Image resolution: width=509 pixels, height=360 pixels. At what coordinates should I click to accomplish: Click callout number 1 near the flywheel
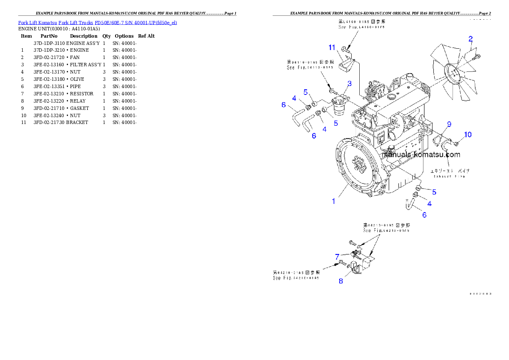pos(334,201)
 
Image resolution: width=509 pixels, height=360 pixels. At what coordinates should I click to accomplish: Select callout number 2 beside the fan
pos(471,39)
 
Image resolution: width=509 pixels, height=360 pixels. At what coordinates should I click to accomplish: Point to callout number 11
pos(331,47)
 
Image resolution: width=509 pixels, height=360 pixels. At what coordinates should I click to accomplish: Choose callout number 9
pos(449,124)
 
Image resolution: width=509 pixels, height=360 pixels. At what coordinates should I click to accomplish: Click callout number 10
pos(468,135)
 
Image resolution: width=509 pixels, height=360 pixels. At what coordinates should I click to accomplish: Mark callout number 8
pos(341,281)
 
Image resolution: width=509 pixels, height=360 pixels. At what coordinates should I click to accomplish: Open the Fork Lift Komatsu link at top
pos(98,22)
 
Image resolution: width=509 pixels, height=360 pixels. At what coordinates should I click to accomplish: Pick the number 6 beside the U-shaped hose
pos(424,215)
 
